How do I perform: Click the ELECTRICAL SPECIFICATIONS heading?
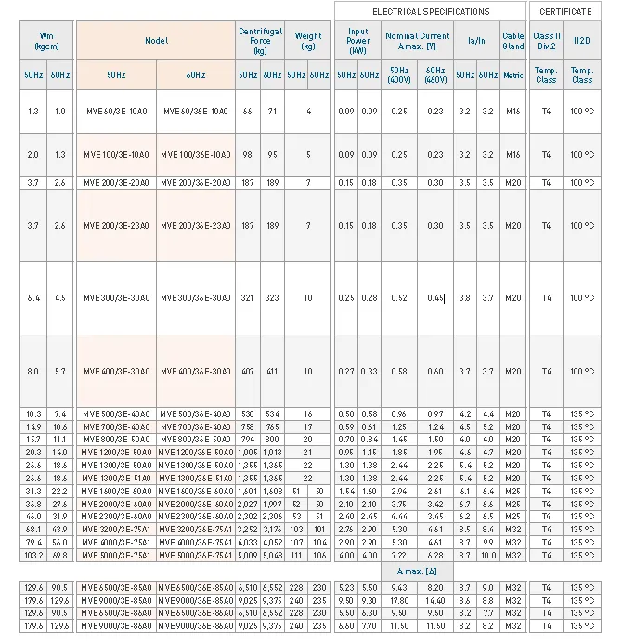pyautogui.click(x=430, y=11)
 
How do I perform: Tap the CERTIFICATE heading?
pyautogui.click(x=564, y=11)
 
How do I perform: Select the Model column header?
pyautogui.click(x=155, y=41)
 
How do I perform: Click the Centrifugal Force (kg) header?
pyautogui.click(x=260, y=41)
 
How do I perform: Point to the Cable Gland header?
pyautogui.click(x=513, y=41)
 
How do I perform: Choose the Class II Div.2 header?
pyautogui.click(x=546, y=41)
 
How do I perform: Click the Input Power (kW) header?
pyautogui.click(x=357, y=41)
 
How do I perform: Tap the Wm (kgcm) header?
pyautogui.click(x=46, y=41)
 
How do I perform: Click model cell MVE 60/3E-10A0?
pyautogui.click(x=116, y=112)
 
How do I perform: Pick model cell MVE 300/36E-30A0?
pyautogui.click(x=195, y=298)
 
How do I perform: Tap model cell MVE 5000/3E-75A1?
pyautogui.click(x=116, y=555)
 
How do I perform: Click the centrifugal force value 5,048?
pyautogui.click(x=272, y=555)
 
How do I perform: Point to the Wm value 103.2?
pyautogui.click(x=33, y=555)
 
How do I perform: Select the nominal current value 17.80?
pyautogui.click(x=399, y=600)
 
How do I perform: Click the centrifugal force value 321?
pyautogui.click(x=248, y=298)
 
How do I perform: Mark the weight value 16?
pyautogui.click(x=308, y=413)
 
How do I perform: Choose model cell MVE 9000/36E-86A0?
pyautogui.click(x=195, y=626)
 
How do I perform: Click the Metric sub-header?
pyautogui.click(x=513, y=75)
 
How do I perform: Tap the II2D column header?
pyautogui.click(x=582, y=41)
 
